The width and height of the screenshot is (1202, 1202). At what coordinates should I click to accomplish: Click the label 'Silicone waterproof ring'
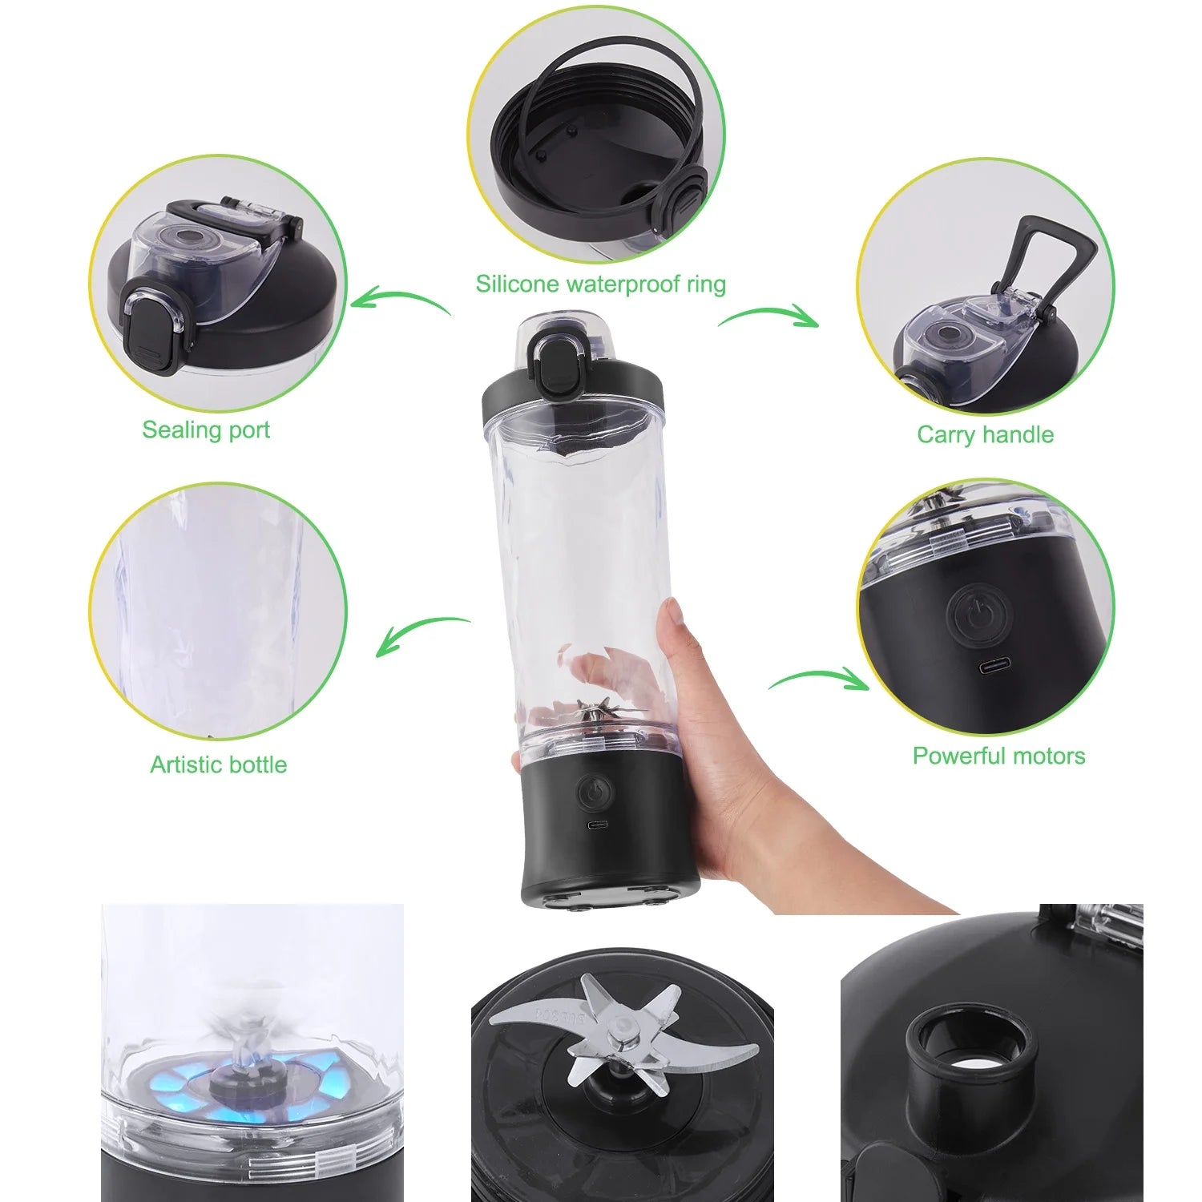click(x=600, y=284)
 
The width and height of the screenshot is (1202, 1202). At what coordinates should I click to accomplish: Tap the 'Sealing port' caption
click(x=206, y=430)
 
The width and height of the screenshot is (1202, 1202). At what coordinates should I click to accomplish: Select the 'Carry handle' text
click(x=985, y=434)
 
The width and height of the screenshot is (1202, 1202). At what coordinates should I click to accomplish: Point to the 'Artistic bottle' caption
click(x=218, y=764)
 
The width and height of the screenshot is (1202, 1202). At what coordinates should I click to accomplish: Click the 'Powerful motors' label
click(x=998, y=756)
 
